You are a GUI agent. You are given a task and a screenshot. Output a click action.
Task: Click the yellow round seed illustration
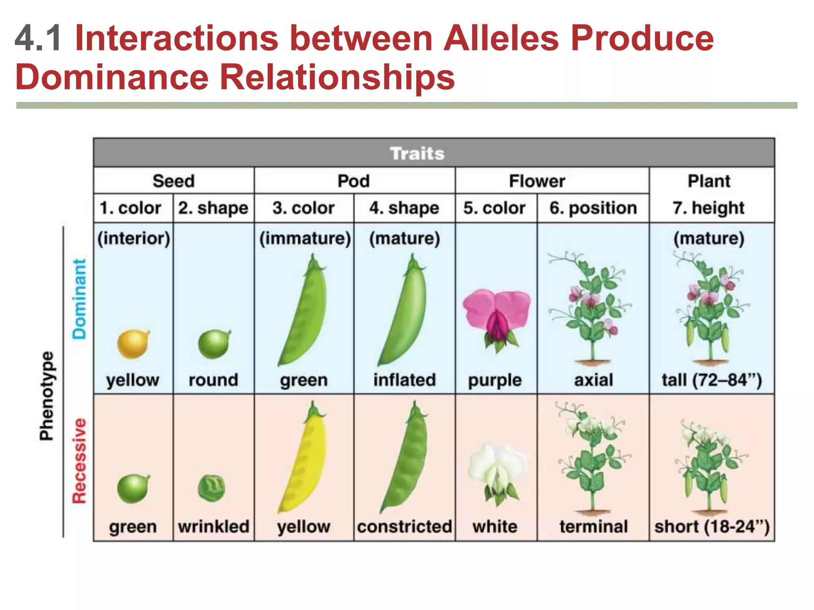[134, 344]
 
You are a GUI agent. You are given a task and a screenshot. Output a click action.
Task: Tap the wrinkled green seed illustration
[212, 488]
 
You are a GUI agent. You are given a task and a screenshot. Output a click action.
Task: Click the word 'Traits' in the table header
[417, 154]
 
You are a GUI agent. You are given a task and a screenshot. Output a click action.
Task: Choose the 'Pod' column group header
[354, 181]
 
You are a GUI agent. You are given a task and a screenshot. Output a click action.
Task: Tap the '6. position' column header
[593, 208]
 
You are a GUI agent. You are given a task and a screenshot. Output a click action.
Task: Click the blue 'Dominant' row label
[79, 299]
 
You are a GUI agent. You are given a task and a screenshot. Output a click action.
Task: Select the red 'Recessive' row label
[79, 461]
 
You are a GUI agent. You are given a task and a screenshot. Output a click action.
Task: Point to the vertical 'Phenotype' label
[47, 396]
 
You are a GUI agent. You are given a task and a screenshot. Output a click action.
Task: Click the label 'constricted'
[405, 527]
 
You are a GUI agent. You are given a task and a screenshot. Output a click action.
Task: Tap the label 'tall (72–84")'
[711, 380]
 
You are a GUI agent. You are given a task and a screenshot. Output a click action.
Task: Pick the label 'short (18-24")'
[712, 527]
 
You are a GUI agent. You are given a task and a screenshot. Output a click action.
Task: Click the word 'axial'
[593, 380]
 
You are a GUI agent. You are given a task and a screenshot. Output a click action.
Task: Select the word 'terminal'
[593, 527]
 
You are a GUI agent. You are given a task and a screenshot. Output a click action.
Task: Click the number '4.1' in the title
[38, 38]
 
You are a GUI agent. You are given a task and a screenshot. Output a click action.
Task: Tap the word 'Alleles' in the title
[501, 38]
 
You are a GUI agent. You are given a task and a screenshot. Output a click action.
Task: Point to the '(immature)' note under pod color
[305, 238]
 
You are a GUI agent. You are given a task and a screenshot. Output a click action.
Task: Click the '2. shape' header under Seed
[213, 208]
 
